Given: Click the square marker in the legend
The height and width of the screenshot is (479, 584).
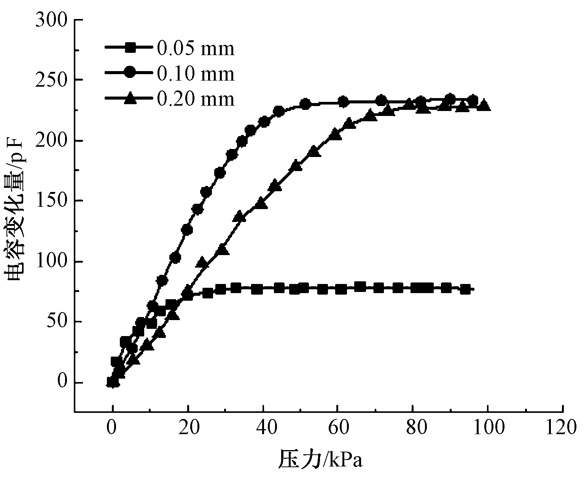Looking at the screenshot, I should click(x=130, y=48).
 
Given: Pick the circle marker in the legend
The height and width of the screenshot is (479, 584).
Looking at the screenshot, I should click(x=130, y=73).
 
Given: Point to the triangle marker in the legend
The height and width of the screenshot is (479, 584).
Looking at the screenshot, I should click(x=130, y=98).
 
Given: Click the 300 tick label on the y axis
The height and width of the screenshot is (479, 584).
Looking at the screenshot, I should click(x=51, y=20).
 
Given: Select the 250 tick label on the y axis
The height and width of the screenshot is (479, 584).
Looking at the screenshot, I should click(x=51, y=80).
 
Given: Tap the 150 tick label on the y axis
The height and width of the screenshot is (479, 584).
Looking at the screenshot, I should click(x=51, y=201).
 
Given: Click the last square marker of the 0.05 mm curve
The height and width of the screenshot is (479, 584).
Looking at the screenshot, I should click(x=465, y=289).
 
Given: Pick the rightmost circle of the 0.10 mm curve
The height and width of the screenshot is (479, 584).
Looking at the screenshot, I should click(x=473, y=100).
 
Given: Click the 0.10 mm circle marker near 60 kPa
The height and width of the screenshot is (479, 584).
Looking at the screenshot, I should click(x=343, y=102).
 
